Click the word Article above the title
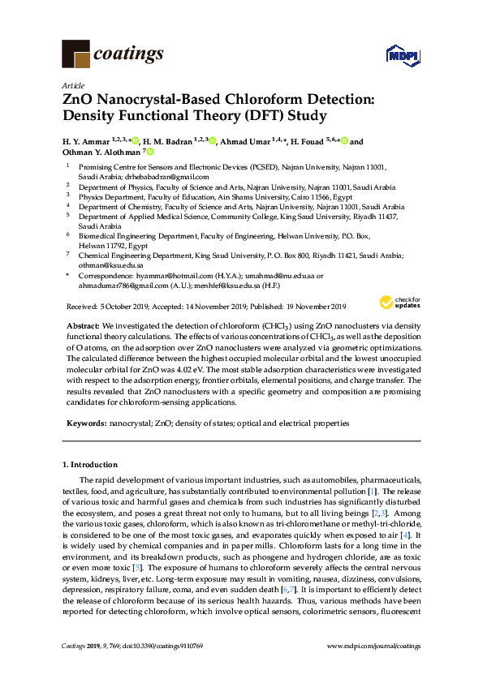coord(71,85)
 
